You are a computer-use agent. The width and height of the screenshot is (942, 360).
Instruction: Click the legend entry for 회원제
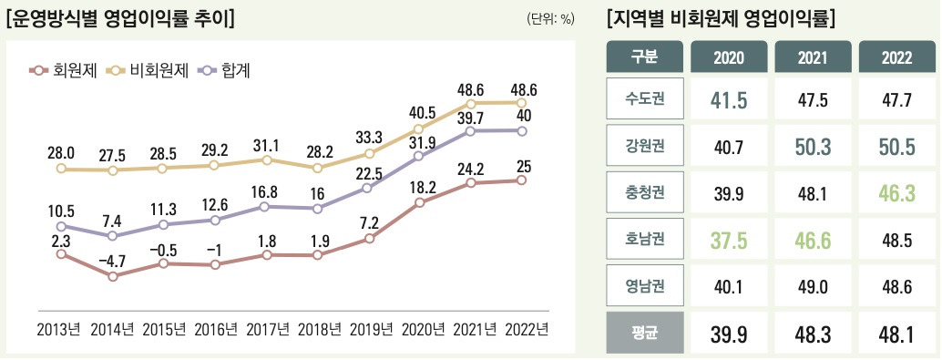point(64,70)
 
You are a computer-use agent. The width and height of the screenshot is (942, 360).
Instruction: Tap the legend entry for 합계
point(223,70)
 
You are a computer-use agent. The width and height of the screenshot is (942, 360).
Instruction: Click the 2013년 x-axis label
point(61,329)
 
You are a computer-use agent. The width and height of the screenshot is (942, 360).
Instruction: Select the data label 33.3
point(368,137)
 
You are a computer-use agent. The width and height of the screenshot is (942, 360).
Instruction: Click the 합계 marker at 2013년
point(61,226)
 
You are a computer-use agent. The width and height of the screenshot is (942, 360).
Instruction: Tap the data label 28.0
point(61,151)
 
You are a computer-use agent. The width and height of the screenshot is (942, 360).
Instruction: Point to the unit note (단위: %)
point(550,18)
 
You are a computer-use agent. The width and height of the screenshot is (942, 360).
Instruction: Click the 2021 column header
point(813,57)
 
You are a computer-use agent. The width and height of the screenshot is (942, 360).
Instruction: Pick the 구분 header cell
point(644,57)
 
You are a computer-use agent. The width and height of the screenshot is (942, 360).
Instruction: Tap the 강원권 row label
point(644,144)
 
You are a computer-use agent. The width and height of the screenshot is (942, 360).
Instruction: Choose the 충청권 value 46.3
point(896,192)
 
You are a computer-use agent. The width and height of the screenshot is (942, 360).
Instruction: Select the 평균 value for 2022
point(896,334)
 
